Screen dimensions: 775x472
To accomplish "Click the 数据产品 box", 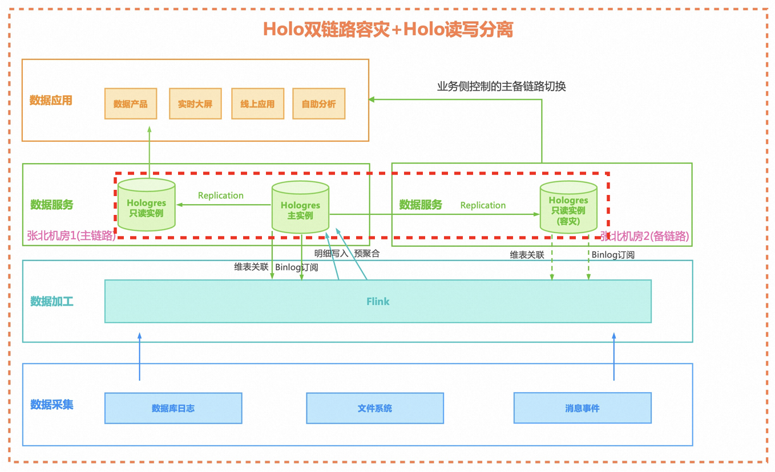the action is (x=131, y=104).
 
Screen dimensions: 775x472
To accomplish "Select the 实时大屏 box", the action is (x=195, y=104).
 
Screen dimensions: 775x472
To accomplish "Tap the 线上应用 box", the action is (x=258, y=104).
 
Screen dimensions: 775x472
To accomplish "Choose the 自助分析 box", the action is (x=319, y=104).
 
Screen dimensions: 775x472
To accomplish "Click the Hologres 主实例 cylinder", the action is (x=300, y=207).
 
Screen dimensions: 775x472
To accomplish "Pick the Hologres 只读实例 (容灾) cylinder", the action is (x=568, y=207).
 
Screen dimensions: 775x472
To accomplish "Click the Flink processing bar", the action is (x=378, y=302).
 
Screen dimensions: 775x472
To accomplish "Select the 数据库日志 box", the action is (x=173, y=408).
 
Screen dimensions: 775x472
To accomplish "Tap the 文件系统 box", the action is (x=375, y=408).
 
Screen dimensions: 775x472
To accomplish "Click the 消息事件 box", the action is (x=583, y=408).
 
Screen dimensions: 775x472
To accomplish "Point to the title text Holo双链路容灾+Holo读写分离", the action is (x=388, y=30).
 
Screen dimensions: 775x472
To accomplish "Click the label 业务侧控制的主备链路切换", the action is (x=501, y=86).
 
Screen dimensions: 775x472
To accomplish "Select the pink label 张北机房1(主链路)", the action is (x=71, y=235).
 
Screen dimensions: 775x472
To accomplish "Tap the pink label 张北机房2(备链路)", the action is (x=644, y=237).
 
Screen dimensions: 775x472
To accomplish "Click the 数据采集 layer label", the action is (x=52, y=404).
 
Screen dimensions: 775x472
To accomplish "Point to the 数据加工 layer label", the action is (x=52, y=302).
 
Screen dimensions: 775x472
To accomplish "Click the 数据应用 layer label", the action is (x=51, y=100).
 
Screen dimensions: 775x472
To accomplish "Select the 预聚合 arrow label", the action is (x=367, y=254).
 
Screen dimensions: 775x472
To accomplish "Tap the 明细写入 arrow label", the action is (x=331, y=254).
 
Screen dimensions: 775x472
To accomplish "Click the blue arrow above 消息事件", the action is (x=614, y=357).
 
